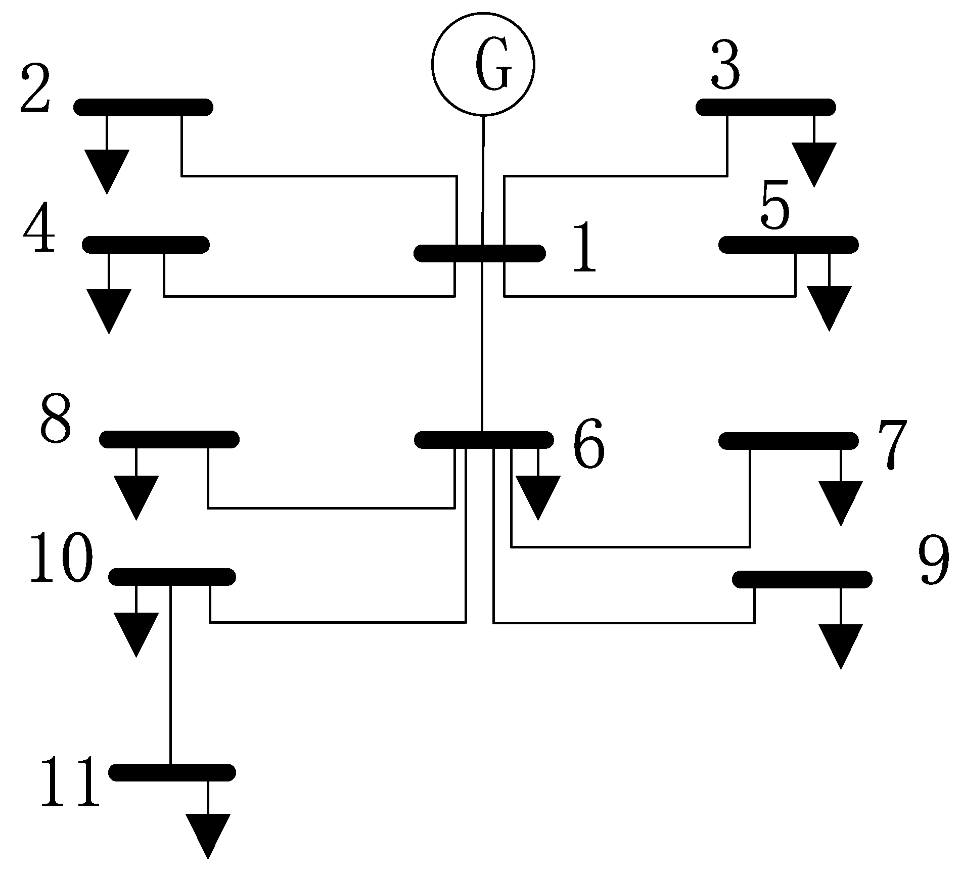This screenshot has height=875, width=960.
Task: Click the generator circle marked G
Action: [x=483, y=63]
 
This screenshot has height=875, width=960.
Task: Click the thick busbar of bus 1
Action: [x=479, y=253]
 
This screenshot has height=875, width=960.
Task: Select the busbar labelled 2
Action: [x=143, y=107]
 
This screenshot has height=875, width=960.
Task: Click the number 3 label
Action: [x=725, y=64]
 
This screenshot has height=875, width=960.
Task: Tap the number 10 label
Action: [x=62, y=559]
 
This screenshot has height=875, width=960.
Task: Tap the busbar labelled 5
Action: [x=788, y=244]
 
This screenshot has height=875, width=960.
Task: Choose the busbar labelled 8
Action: [x=169, y=439]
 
